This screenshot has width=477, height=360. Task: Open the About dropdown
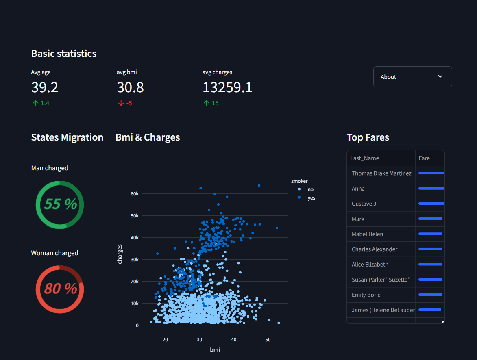point(412,77)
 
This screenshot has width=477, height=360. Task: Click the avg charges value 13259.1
point(228,88)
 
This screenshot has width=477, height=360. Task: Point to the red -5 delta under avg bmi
point(125,103)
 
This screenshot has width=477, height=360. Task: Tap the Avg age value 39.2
point(45,88)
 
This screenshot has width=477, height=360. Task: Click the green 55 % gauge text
point(61,204)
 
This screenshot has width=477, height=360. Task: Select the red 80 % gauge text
point(61,288)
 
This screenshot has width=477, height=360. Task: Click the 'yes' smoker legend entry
point(307,198)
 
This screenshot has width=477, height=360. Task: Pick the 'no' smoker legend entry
point(306,189)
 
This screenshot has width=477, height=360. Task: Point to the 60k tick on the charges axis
point(135,194)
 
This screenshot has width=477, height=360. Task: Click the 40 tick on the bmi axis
point(234,340)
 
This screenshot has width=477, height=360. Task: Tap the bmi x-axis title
point(215,350)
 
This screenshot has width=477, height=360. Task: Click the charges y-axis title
point(120,254)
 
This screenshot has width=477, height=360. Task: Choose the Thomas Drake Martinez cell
point(381,173)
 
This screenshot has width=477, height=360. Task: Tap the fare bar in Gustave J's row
point(431,204)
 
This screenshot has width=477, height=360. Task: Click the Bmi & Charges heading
point(148,137)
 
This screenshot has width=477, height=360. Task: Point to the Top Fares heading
point(368,137)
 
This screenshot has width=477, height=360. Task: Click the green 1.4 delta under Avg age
point(41,103)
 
